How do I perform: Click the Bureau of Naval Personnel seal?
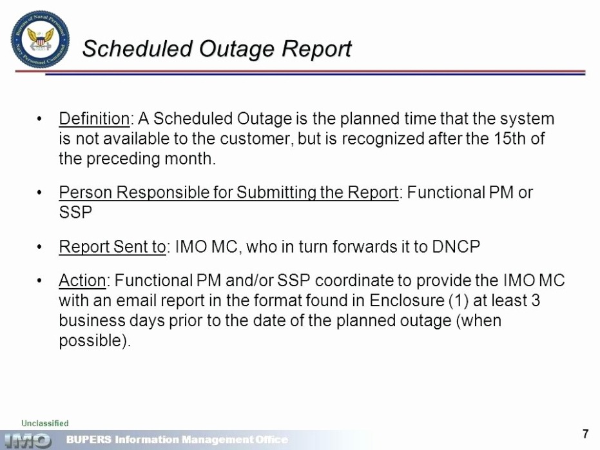[40, 40]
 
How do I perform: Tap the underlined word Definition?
[94, 119]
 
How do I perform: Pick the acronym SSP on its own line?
[75, 212]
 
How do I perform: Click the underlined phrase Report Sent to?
[112, 247]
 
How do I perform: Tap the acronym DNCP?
[456, 247]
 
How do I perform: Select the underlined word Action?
[82, 280]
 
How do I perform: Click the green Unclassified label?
[44, 423]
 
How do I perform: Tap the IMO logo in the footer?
[27, 440]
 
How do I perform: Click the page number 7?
[585, 434]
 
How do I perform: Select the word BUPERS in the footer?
[89, 439]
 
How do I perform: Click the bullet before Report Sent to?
[39, 247]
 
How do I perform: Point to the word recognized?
[383, 139]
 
